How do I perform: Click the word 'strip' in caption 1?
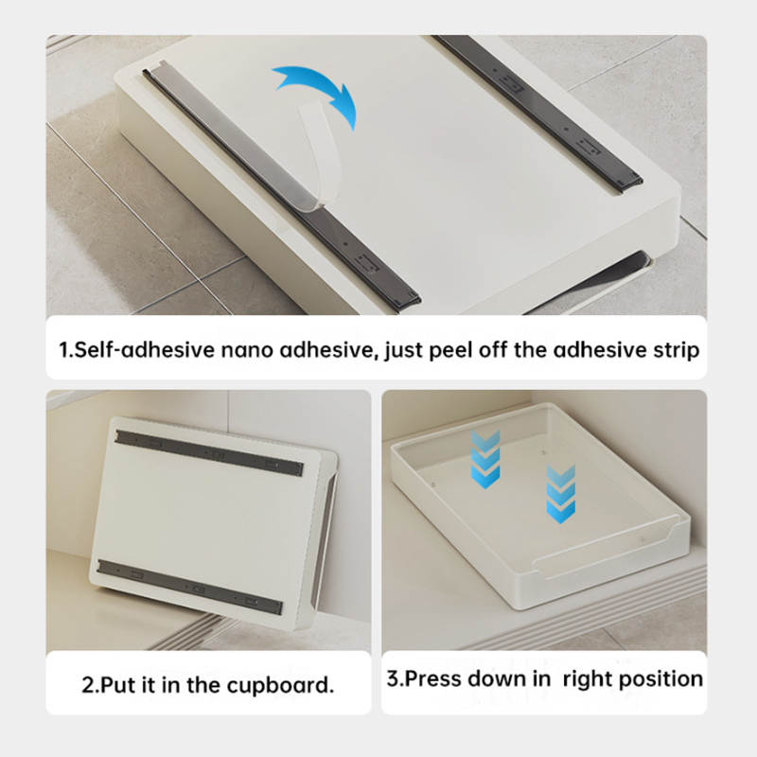(x=676, y=350)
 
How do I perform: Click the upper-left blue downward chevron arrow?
(x=485, y=459)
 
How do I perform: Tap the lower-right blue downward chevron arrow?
(x=560, y=494)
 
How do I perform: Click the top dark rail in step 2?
(x=209, y=453)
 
